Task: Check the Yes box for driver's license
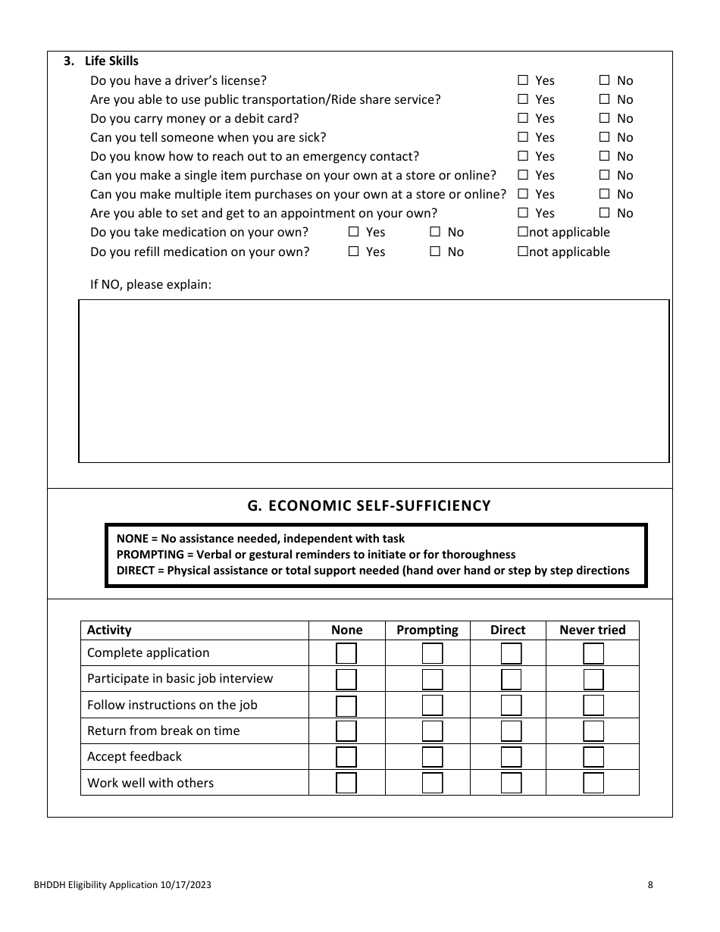pos(523,80)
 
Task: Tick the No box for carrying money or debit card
pos(605,118)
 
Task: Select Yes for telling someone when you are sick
pos(523,137)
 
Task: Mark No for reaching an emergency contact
pos(605,156)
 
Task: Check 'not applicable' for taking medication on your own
pos(522,233)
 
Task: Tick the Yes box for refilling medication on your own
pos(353,252)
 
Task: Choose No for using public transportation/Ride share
pos(605,99)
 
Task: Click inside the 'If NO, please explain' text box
pos(374,380)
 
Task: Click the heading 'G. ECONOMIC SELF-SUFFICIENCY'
pos(369,505)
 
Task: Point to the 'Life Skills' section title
pos(111,61)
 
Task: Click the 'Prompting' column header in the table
pos(427,630)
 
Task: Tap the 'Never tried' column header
pos(592,630)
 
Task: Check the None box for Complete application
pos(346,653)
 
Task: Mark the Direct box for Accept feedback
pos(511,757)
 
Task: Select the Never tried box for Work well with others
pos(593,783)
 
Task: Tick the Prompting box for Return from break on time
pos(432,731)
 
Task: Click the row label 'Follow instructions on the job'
pos(172,705)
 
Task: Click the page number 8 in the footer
pos(650,884)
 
